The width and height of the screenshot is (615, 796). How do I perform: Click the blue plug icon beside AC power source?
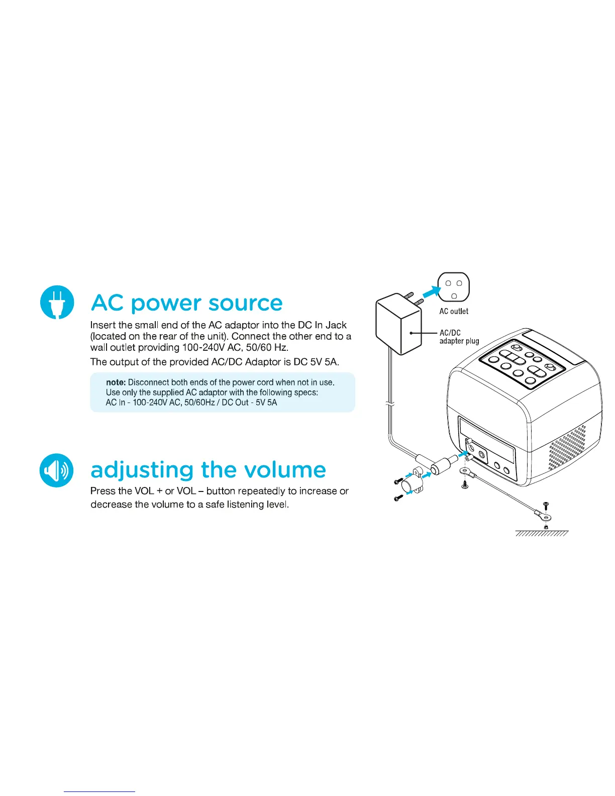(x=57, y=302)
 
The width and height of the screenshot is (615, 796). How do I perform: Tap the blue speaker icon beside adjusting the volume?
(x=57, y=470)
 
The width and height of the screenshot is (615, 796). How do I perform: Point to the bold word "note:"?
(x=116, y=382)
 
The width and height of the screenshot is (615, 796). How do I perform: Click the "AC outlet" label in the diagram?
(x=453, y=311)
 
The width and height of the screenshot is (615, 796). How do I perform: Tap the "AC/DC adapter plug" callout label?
(x=459, y=337)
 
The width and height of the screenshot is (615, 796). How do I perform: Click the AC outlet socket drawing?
(x=454, y=288)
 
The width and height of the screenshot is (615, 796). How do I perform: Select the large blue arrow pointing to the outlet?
(x=431, y=290)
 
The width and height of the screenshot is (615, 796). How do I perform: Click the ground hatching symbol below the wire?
(x=542, y=533)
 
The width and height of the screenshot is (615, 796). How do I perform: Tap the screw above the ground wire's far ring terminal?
(x=547, y=504)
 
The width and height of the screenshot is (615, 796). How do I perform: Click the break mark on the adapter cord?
(x=390, y=404)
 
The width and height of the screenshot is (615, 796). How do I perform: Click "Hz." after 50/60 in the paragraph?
(x=281, y=348)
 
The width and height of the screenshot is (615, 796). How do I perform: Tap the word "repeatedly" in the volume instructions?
(x=258, y=491)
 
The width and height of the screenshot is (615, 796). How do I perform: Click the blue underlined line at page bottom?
(x=99, y=791)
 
